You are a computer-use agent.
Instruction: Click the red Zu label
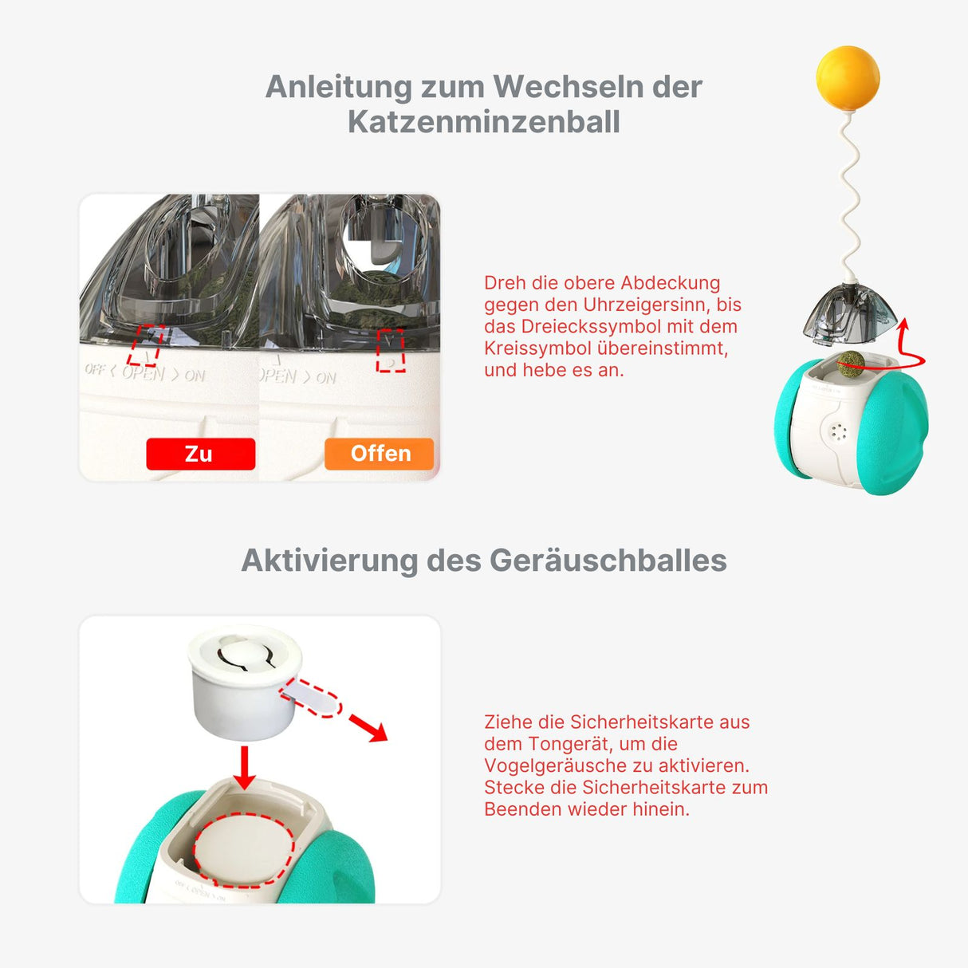tap(200, 454)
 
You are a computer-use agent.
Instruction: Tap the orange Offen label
tap(380, 454)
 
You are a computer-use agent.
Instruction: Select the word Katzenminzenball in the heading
tap(483, 122)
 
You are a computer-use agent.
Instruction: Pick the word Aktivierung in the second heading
tap(329, 560)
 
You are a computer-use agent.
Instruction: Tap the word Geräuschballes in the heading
tap(608, 560)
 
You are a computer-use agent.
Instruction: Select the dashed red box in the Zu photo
tap(145, 345)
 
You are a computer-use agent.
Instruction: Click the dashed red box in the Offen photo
tap(391, 351)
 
